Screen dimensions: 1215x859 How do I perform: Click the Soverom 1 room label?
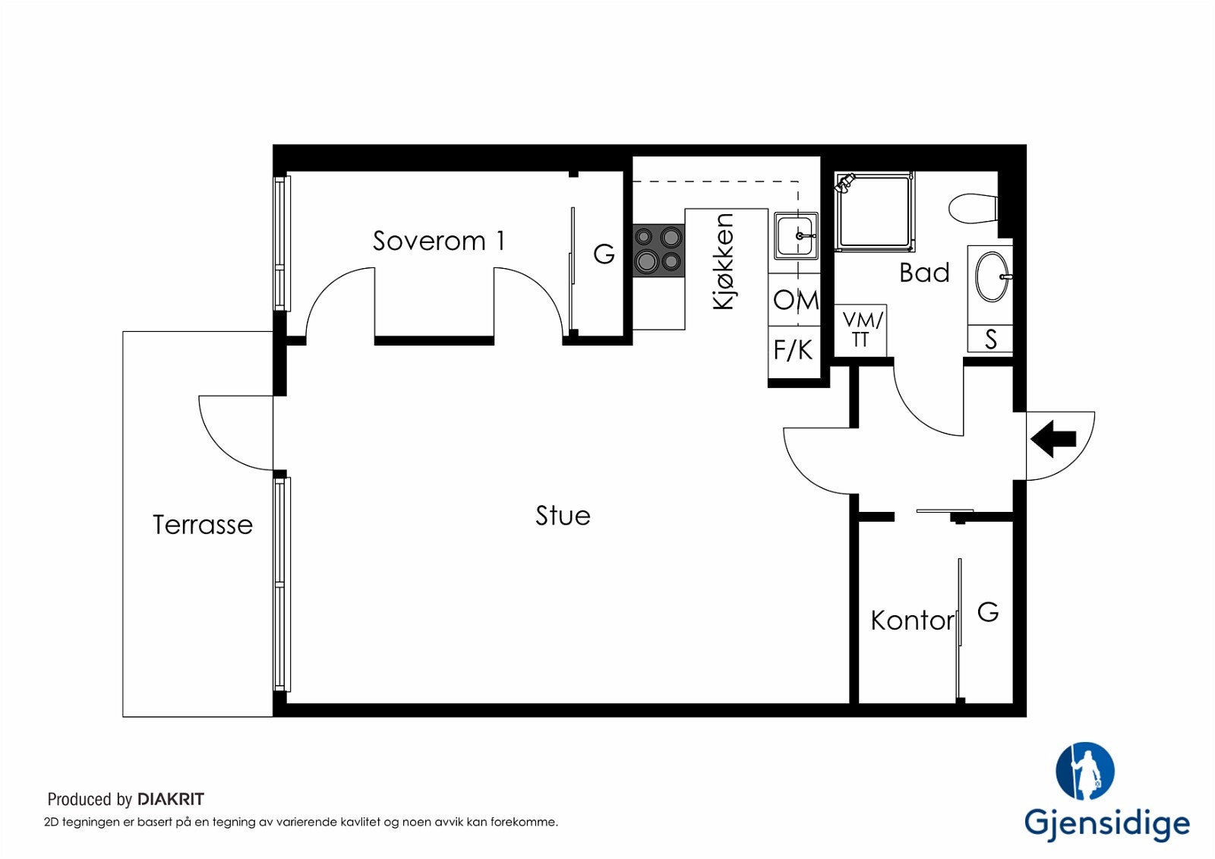coord(438,241)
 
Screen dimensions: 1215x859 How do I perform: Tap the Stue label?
coord(563,516)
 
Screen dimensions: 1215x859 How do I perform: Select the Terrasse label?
coord(203,525)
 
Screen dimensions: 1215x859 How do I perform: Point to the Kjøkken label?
coord(724,261)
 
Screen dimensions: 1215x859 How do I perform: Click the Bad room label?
coord(924,273)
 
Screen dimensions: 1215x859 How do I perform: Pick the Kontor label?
coord(912,621)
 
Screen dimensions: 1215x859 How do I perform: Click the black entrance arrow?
coord(1052,438)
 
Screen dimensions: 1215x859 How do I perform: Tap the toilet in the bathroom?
coord(973,209)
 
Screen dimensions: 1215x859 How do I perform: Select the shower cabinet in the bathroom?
coord(874,212)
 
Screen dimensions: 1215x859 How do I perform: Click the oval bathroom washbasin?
coord(992,276)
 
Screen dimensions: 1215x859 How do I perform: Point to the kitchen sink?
coord(796,236)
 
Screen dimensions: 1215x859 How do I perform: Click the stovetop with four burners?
coord(658,251)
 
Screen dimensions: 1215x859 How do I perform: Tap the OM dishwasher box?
coord(794,299)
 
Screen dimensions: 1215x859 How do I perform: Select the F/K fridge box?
coord(794,352)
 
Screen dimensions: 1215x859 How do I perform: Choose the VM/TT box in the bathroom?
coord(861,330)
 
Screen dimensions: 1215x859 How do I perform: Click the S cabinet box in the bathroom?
coord(990,339)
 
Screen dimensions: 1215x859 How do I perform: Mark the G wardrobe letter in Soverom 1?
coord(604,254)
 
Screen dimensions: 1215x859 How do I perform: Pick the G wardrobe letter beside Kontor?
coord(988,613)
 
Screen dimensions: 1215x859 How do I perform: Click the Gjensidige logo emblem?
coord(1085,771)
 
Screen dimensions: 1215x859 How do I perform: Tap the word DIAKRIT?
coord(171,799)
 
